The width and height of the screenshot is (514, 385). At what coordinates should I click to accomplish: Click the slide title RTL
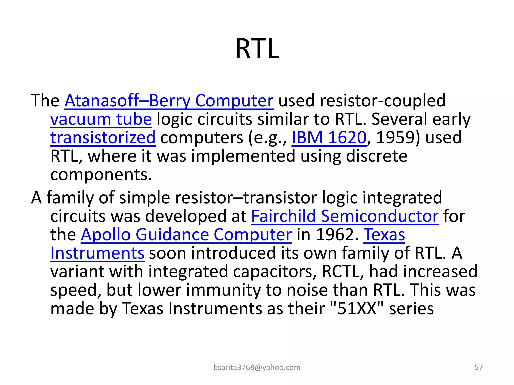point(257,49)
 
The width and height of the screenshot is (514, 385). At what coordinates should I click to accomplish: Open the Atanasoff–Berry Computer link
point(169,101)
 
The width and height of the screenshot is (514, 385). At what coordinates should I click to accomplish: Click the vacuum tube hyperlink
point(101,119)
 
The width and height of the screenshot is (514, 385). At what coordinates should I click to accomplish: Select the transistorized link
point(103,138)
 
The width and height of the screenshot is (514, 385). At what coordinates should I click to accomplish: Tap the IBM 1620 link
point(329,138)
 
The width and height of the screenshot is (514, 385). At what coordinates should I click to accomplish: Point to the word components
point(101,175)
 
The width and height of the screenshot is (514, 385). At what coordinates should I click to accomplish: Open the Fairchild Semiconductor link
point(345,216)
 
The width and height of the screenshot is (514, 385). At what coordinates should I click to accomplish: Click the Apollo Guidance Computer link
point(186,235)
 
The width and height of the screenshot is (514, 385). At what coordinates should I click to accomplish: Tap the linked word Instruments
point(97,253)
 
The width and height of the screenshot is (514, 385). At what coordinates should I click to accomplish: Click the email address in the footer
point(257,367)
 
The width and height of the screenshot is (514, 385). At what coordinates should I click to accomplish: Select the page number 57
point(478,367)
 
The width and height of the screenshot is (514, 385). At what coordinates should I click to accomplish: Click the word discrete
point(376,156)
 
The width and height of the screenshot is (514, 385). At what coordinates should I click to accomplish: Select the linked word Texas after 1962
point(384,235)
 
